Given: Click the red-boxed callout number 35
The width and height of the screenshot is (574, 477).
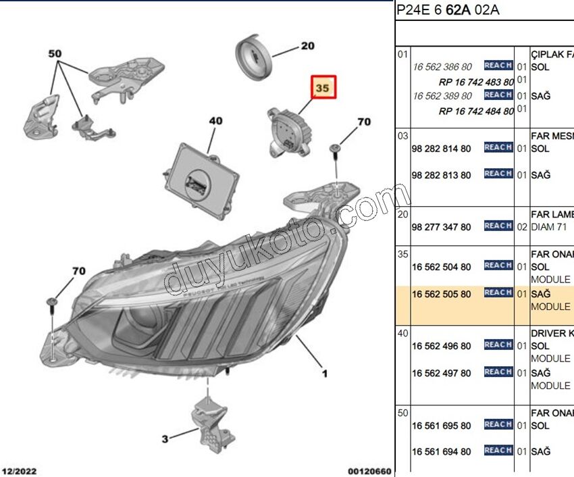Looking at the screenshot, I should (322, 89).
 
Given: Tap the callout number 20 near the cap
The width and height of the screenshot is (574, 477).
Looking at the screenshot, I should (307, 46).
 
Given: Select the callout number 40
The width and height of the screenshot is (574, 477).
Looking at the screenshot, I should (215, 122).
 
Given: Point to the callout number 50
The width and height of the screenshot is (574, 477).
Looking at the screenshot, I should (55, 53).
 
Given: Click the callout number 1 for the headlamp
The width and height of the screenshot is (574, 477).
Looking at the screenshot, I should (324, 373).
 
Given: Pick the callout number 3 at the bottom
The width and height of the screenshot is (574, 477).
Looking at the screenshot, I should (165, 439).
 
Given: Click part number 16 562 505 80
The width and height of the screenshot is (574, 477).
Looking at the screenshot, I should (442, 294).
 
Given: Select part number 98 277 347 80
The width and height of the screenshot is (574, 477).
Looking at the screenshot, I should (442, 227).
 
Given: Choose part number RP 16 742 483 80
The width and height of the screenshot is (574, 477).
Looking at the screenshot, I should (476, 82).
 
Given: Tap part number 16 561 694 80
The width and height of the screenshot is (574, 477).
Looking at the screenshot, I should (442, 451).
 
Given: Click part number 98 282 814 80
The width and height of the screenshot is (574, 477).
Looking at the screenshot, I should (442, 148).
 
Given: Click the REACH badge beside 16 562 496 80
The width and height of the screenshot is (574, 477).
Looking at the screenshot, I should (498, 345).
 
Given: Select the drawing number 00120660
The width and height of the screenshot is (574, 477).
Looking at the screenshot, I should (369, 470).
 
